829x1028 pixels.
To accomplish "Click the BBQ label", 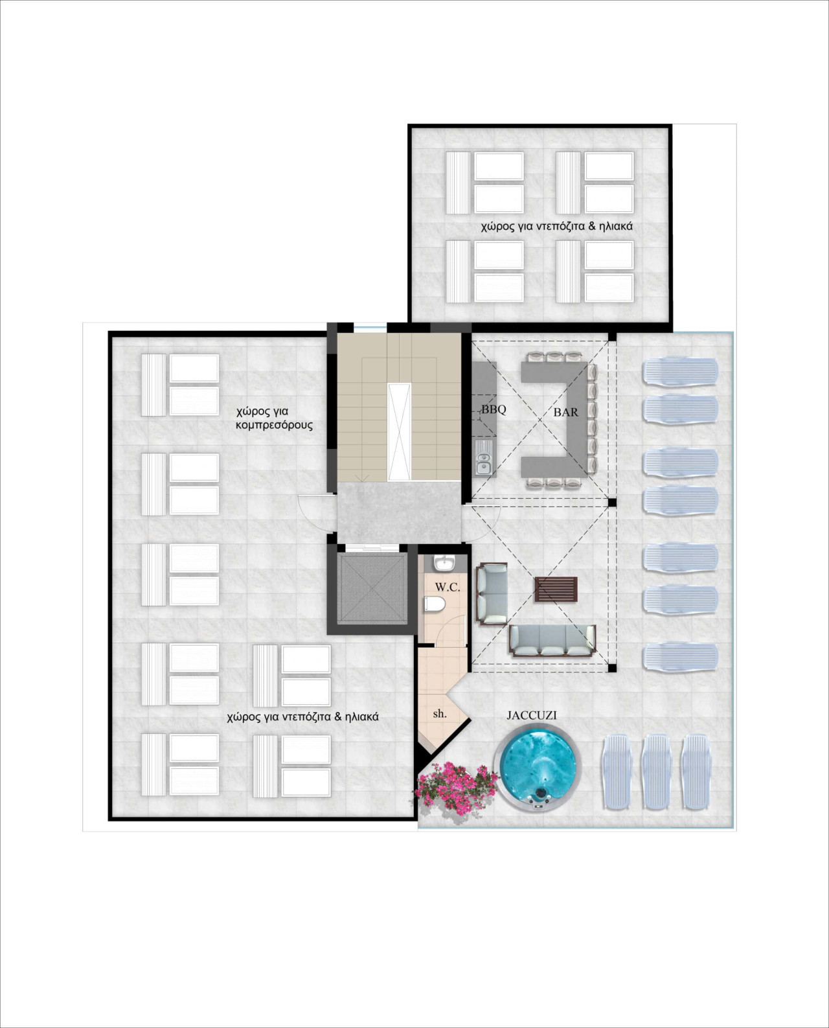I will (x=493, y=409).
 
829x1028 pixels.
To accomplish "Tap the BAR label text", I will (x=565, y=411).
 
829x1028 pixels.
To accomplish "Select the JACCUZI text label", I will (x=531, y=716).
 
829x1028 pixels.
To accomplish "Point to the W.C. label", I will (x=448, y=587).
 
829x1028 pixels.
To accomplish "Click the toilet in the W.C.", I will (x=434, y=605).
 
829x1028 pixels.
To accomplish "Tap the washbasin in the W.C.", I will (x=445, y=563).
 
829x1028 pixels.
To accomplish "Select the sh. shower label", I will (x=440, y=713).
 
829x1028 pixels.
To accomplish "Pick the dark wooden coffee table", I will (x=556, y=589).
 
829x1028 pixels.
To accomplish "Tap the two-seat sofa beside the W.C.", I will (x=492, y=593).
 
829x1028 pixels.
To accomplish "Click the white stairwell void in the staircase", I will (x=398, y=431).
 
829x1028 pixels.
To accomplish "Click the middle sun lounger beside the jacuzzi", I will (x=659, y=771).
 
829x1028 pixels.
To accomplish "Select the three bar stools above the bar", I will (x=556, y=356).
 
